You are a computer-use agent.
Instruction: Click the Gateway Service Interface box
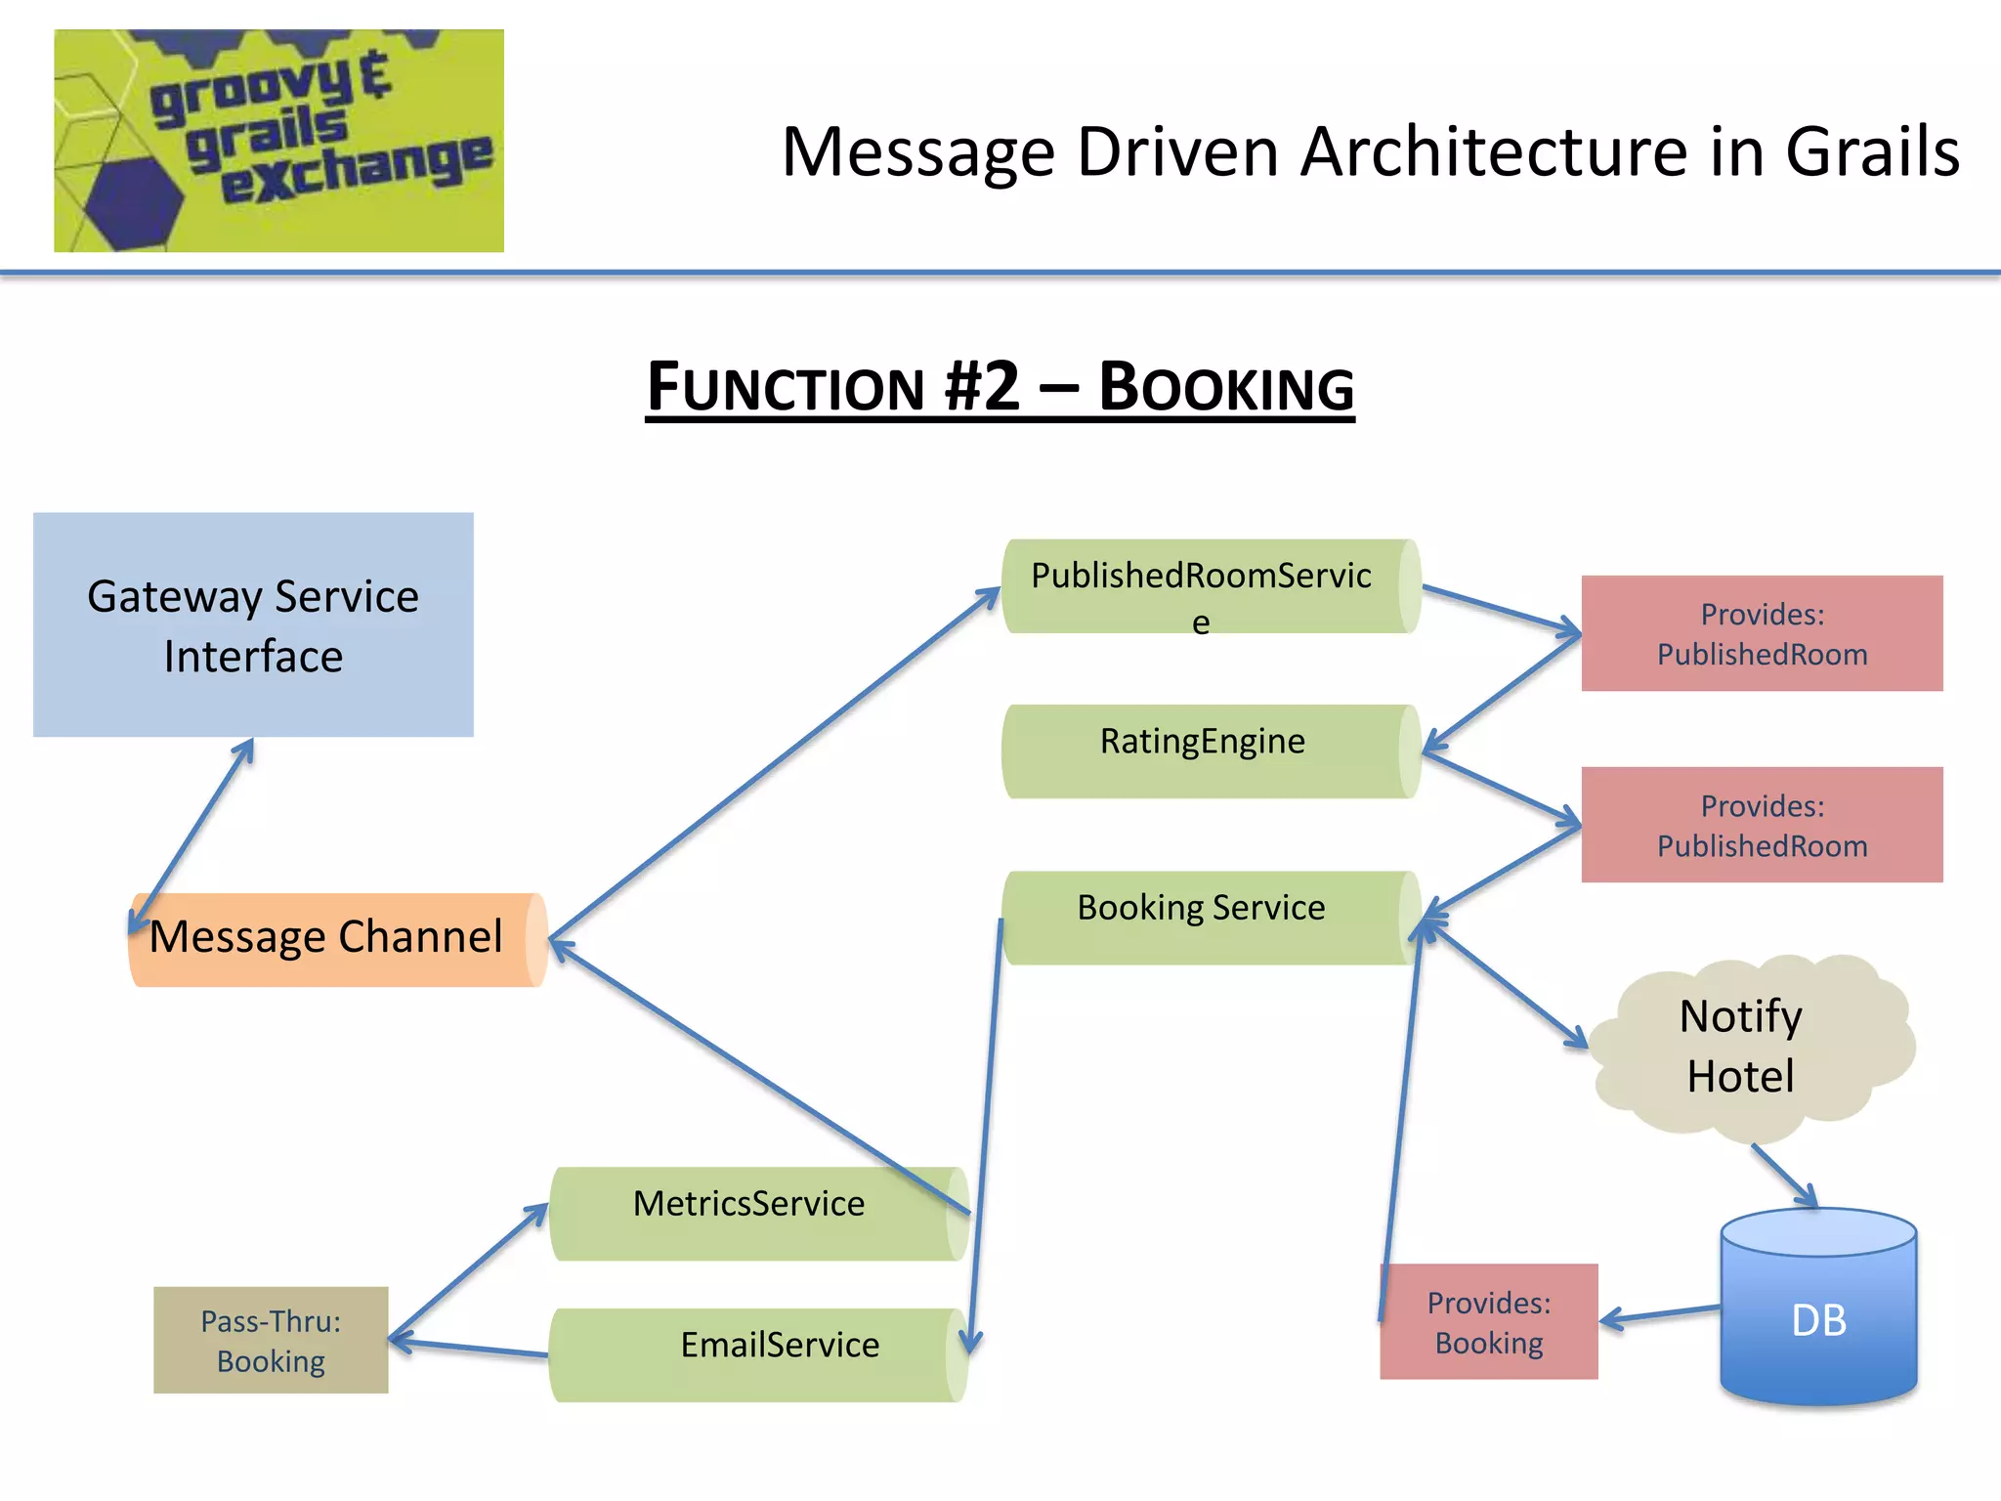point(253,624)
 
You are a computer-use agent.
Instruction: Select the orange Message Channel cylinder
point(332,939)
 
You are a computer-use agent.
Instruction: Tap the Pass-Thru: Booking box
point(271,1340)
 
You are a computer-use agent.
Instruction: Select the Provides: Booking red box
point(1488,1321)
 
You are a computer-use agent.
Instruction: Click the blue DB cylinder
point(1818,1314)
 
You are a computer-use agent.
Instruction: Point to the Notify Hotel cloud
point(1744,1046)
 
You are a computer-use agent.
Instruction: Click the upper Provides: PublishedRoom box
point(1762,633)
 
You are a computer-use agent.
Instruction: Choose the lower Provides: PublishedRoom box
point(1762,825)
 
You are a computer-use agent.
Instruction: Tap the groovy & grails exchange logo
point(278,141)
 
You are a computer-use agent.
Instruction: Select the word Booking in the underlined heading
point(1226,387)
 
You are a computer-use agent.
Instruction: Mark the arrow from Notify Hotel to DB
point(1784,1176)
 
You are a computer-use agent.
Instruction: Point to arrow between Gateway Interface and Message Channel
point(192,836)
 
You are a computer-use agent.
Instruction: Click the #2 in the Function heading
point(982,387)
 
